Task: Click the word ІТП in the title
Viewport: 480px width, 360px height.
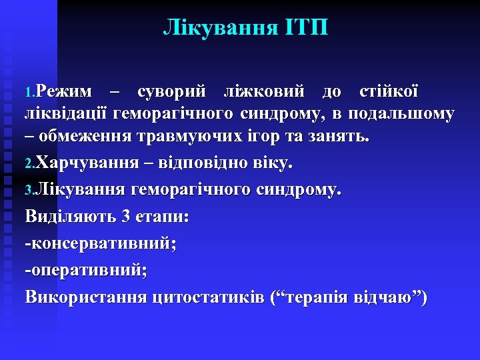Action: tap(309, 29)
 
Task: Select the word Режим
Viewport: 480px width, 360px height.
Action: tap(65, 91)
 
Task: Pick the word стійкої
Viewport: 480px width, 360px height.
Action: tap(389, 91)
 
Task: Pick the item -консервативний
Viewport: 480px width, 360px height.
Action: tap(101, 243)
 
